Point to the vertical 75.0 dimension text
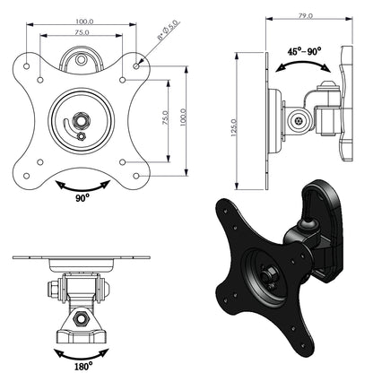coord(166,119)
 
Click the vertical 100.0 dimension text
coord(185,119)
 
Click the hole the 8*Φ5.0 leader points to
coord(136,65)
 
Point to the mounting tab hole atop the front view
coord(83,63)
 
